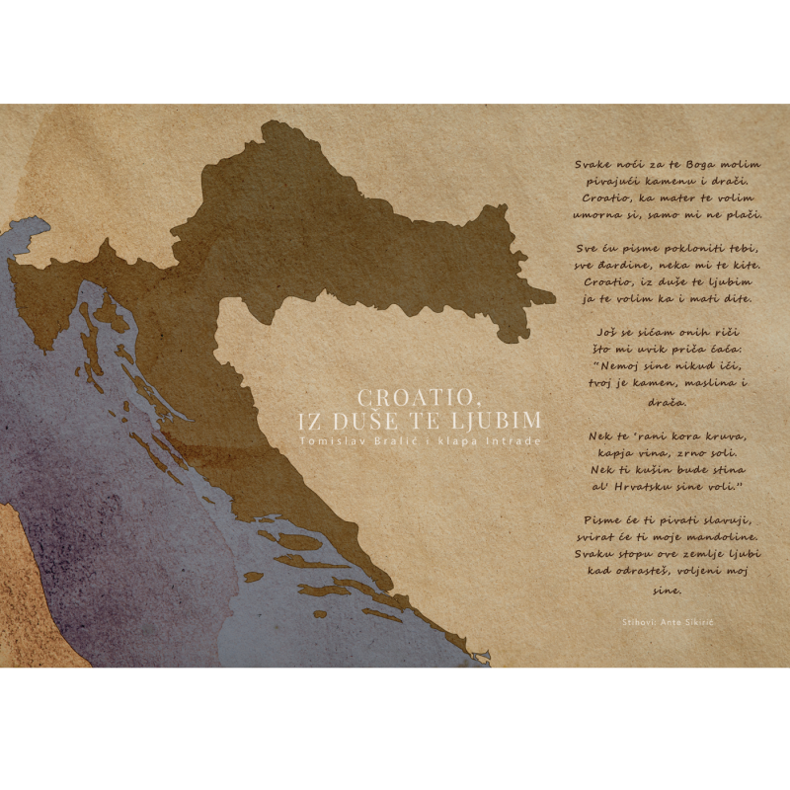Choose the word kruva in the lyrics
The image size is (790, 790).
[x=722, y=435]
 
